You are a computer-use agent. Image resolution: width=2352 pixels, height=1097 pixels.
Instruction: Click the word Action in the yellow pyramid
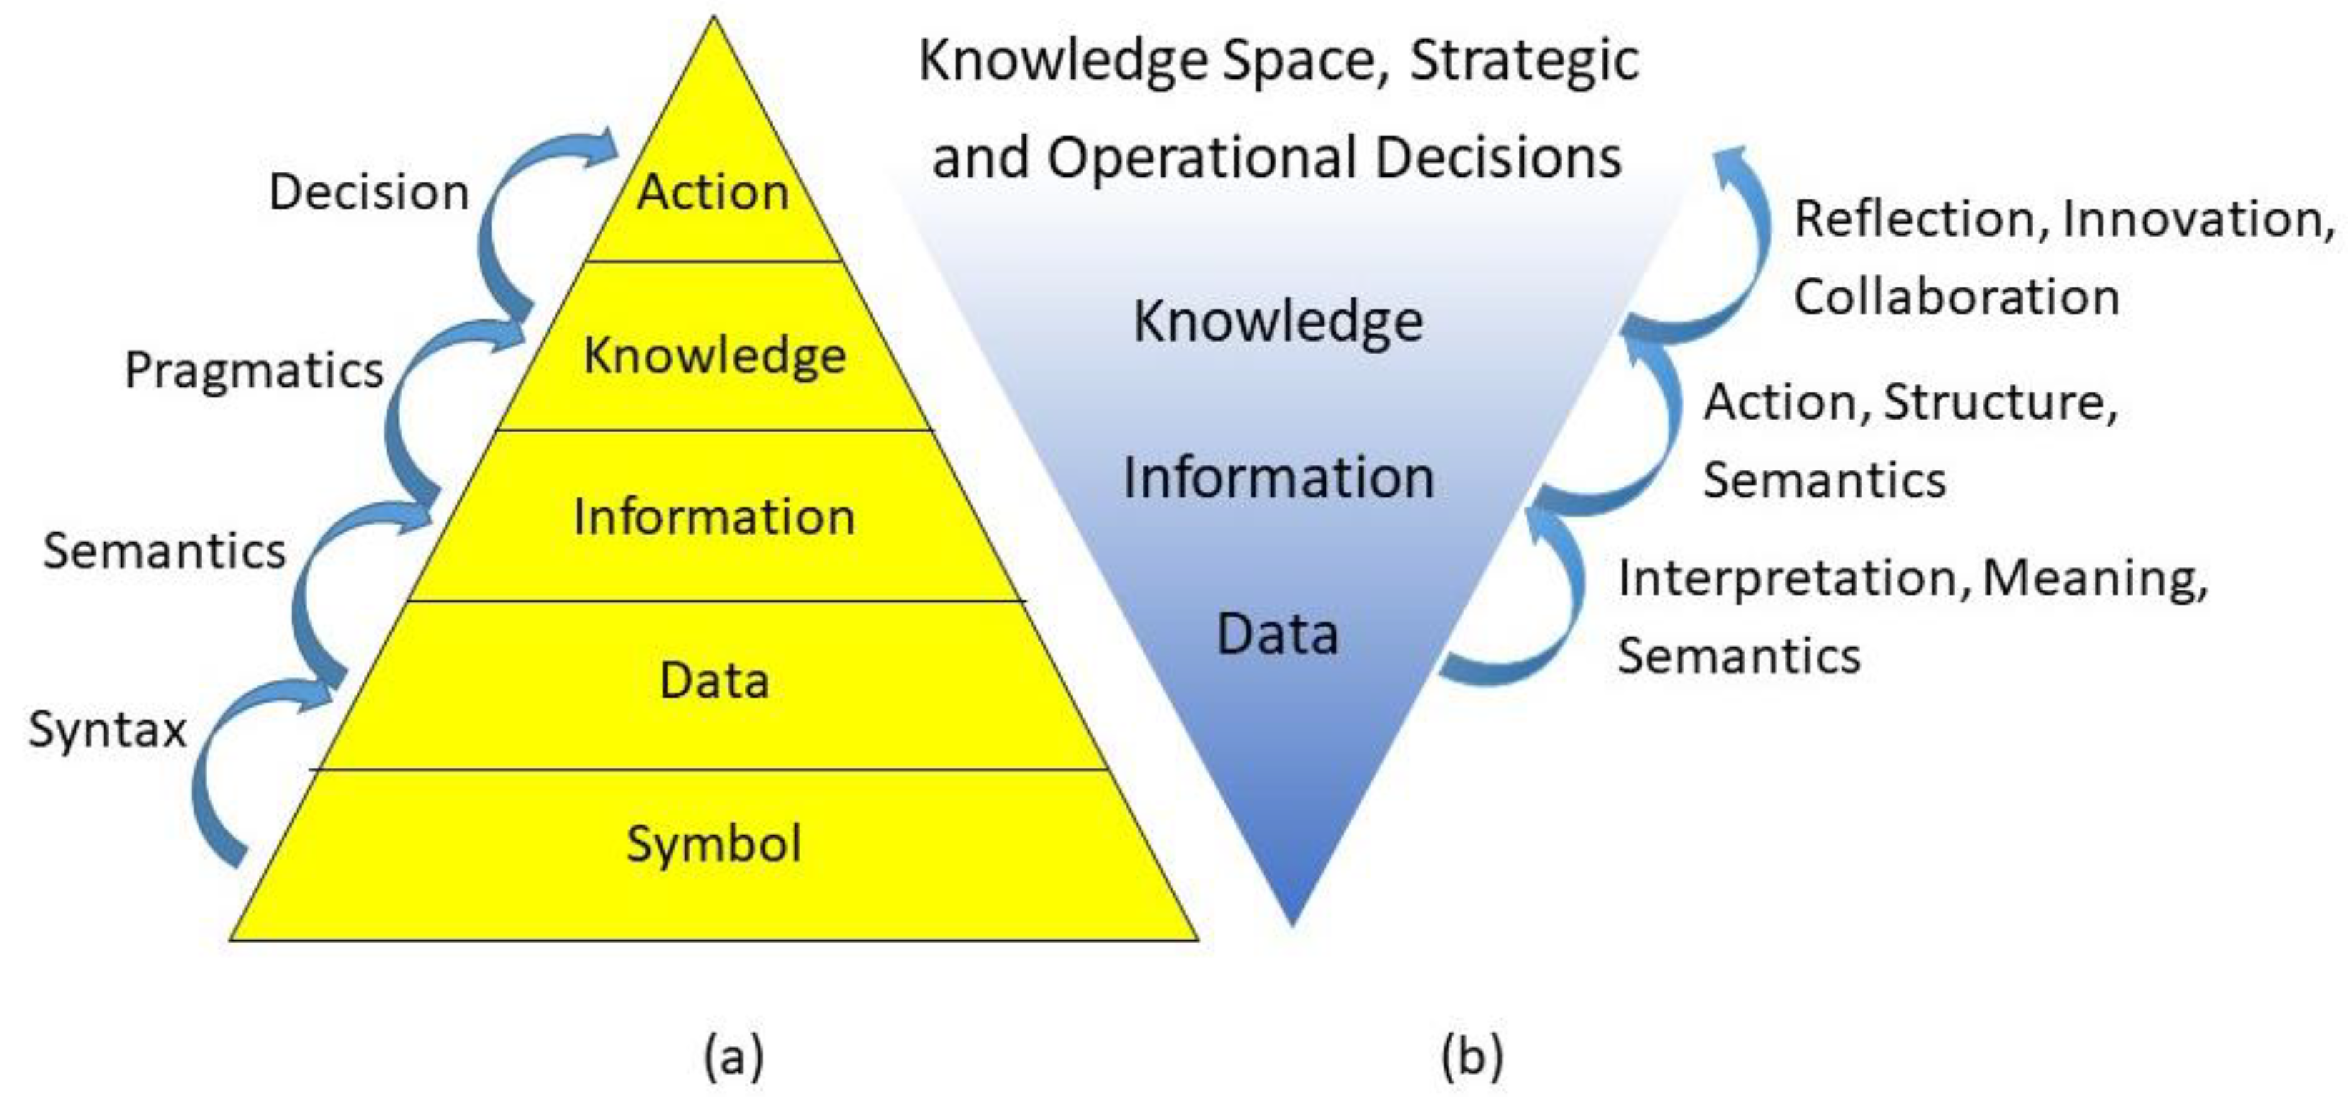click(713, 192)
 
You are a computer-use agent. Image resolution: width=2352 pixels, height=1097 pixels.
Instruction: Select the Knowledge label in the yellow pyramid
click(715, 355)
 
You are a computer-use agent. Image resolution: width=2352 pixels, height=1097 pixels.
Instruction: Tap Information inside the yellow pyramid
click(715, 517)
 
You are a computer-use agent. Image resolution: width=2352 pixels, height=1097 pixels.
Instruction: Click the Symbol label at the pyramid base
click(714, 843)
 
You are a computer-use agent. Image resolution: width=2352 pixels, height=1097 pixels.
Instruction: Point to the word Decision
click(369, 192)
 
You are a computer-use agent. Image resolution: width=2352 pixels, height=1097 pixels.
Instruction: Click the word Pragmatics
click(254, 370)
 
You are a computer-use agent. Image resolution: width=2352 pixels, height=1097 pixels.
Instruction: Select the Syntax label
click(108, 729)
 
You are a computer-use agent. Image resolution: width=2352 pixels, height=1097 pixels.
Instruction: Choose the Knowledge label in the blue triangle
click(1279, 322)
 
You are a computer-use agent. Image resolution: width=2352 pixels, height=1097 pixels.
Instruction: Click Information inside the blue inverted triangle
click(1279, 477)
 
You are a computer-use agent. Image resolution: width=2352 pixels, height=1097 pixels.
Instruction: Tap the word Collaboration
click(1957, 297)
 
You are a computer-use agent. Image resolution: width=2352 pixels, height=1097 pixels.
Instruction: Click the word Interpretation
click(1787, 577)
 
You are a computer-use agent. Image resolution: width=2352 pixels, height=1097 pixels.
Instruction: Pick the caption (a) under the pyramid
click(734, 1058)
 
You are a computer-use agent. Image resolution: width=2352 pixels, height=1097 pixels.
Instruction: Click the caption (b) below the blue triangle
click(1472, 1058)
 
